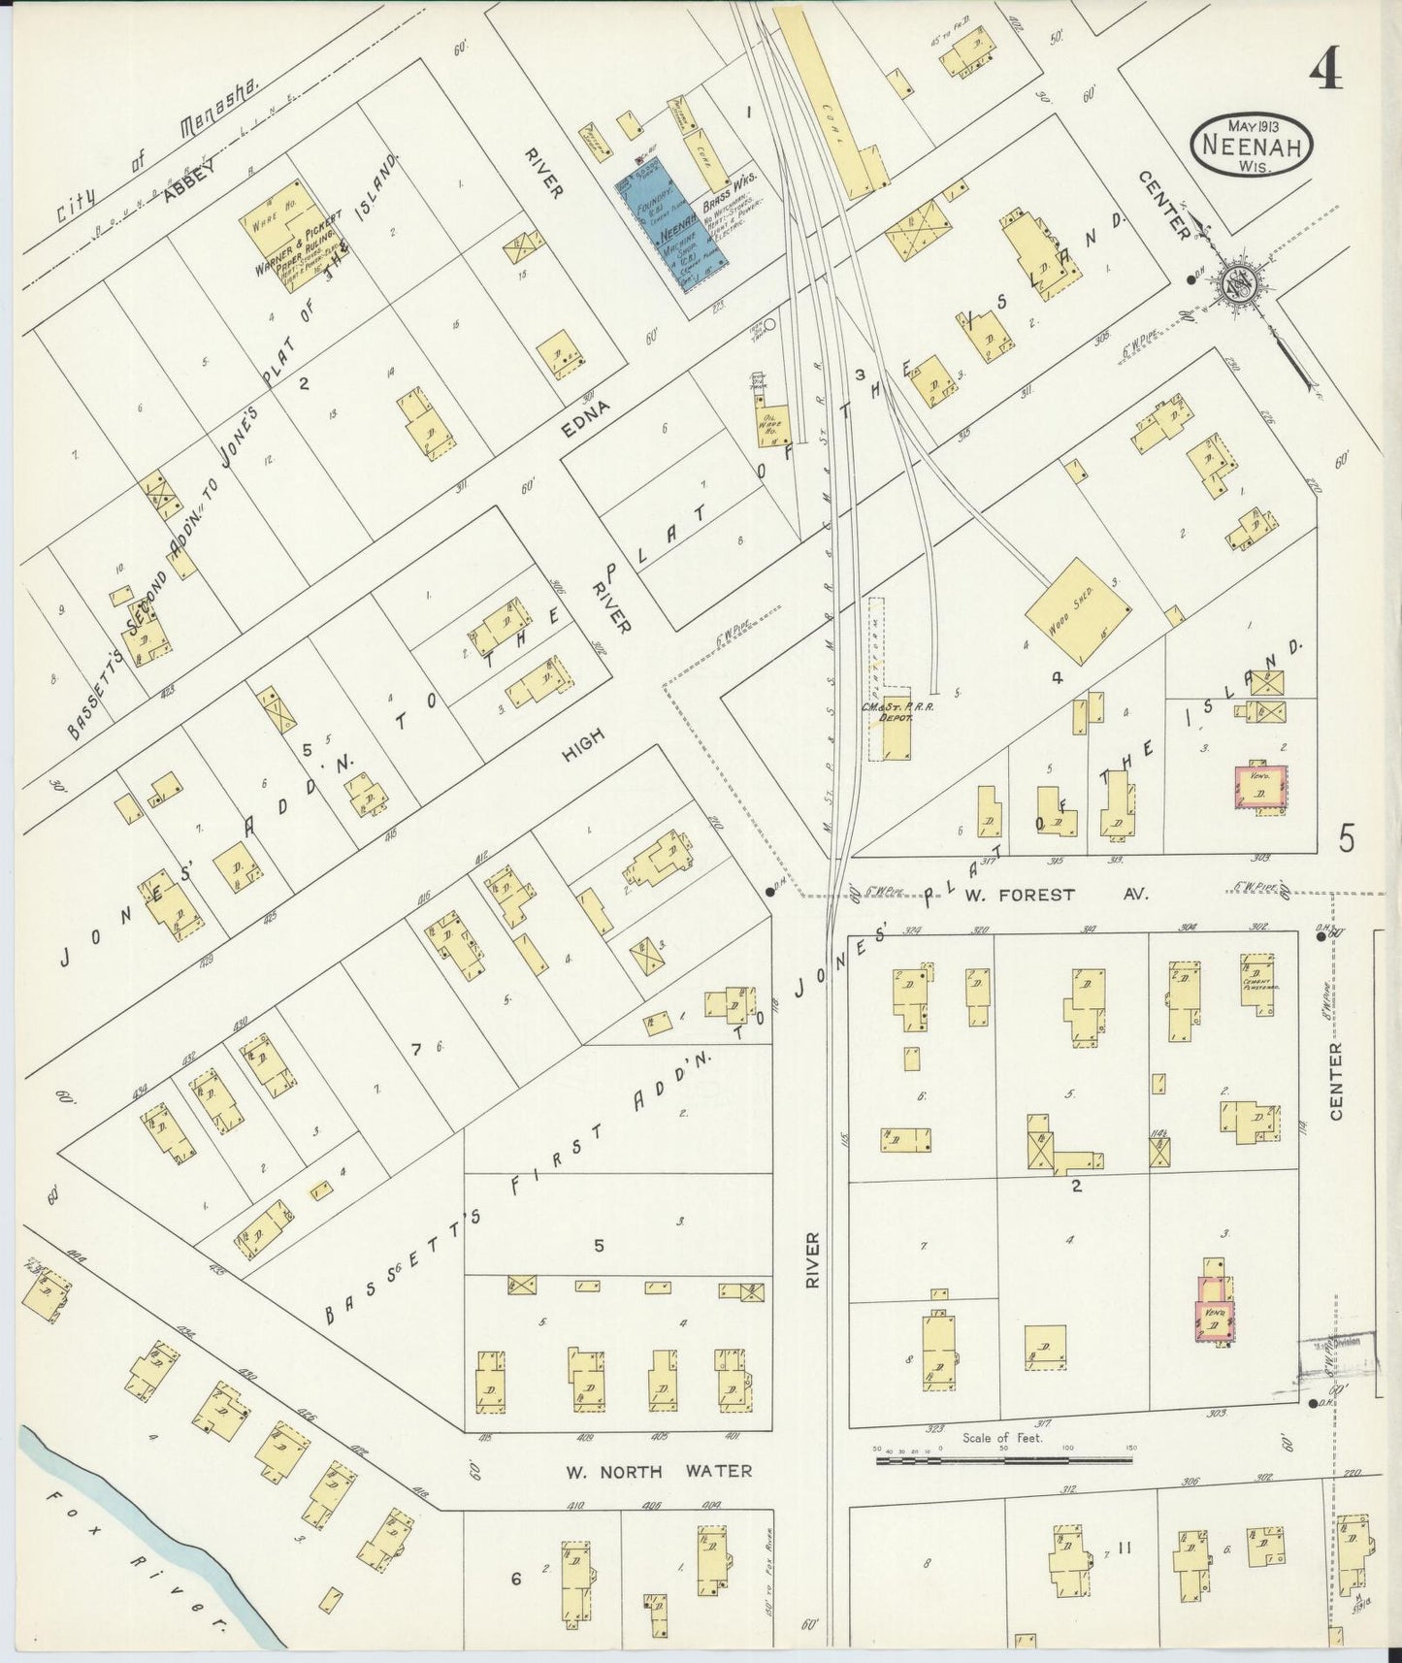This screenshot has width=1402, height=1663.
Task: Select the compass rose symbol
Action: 1245,280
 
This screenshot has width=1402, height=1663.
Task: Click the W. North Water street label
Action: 659,1472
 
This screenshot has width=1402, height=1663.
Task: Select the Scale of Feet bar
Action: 1004,1458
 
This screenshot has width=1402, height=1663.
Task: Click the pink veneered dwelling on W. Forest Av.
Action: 1260,787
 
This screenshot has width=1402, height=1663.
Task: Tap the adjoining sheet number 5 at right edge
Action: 1347,837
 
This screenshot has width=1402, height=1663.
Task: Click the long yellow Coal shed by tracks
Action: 834,97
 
